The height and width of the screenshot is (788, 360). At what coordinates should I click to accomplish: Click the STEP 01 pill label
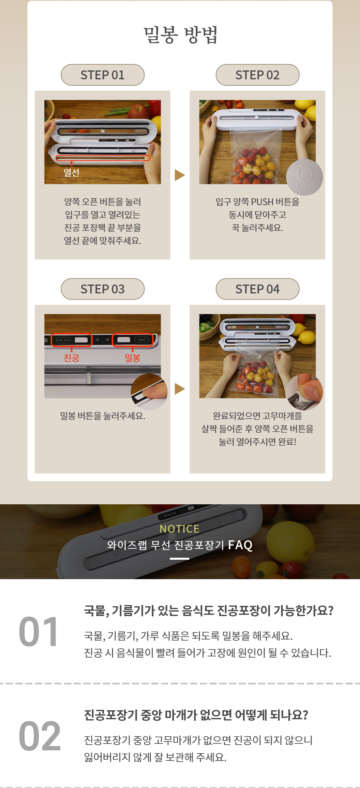tap(103, 75)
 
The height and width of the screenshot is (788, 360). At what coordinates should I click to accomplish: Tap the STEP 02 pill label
tap(258, 75)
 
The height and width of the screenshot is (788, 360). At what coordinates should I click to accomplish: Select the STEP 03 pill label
tap(103, 289)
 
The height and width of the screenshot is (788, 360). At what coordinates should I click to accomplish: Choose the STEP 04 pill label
tap(258, 289)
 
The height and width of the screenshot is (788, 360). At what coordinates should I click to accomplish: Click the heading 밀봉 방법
tap(180, 35)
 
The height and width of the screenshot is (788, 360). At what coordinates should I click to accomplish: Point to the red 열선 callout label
tap(72, 172)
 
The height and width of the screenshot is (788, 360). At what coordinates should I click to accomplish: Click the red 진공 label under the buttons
tap(72, 358)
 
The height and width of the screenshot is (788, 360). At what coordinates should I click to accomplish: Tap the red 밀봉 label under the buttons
tap(132, 358)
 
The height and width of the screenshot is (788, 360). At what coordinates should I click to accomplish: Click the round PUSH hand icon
tap(305, 177)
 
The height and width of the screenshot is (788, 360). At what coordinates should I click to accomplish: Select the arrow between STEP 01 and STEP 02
tap(180, 175)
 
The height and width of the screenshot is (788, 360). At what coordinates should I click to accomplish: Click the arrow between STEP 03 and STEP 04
tap(180, 389)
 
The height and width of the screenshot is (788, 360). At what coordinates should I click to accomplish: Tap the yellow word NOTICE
tap(180, 529)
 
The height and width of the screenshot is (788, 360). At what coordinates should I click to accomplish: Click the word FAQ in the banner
tap(240, 545)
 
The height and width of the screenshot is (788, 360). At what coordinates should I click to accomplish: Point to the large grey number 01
tap(39, 632)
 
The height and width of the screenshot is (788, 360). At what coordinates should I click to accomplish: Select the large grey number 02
tap(40, 736)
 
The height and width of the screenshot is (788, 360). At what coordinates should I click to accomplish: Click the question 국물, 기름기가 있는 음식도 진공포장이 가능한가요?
tap(209, 611)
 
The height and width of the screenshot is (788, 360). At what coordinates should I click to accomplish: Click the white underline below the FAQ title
tap(180, 559)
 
